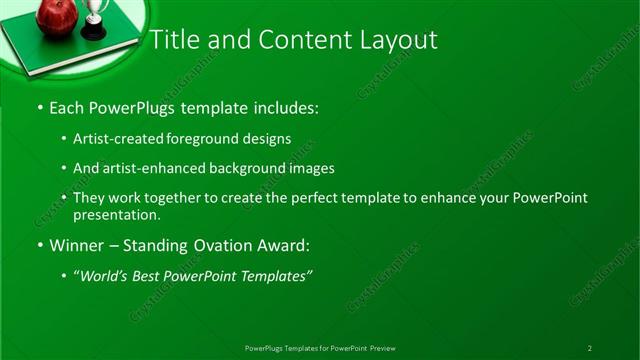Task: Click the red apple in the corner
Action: (x=56, y=16)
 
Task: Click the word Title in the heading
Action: (x=173, y=40)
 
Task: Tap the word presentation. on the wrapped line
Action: (x=116, y=214)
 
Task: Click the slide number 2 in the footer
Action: (x=589, y=347)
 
